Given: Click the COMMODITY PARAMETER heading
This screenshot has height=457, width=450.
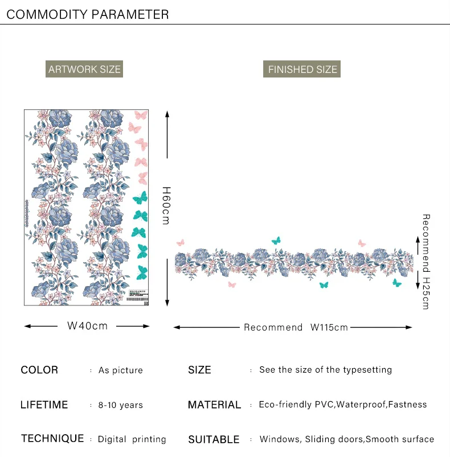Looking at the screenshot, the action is pyautogui.click(x=88, y=14).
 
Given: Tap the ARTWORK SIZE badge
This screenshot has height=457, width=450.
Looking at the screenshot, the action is pyautogui.click(x=84, y=70).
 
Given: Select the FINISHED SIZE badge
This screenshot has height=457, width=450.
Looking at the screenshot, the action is pyautogui.click(x=302, y=70).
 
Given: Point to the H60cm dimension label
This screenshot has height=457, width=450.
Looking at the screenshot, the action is pyautogui.click(x=166, y=205).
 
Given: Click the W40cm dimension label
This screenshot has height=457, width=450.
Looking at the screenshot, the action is pyautogui.click(x=87, y=326).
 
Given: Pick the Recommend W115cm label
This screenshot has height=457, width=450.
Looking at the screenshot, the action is pyautogui.click(x=296, y=327).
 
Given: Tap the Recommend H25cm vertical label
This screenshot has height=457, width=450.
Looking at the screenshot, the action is pyautogui.click(x=426, y=262).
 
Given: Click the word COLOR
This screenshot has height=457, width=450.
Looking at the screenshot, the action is pyautogui.click(x=39, y=370).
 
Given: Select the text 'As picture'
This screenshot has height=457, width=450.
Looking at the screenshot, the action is pyautogui.click(x=120, y=370).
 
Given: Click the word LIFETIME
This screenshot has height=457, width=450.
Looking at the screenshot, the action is pyautogui.click(x=44, y=405).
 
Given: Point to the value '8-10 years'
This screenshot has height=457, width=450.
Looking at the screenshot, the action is pyautogui.click(x=120, y=405).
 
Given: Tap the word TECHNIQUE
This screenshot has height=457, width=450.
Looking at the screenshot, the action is pyautogui.click(x=52, y=438).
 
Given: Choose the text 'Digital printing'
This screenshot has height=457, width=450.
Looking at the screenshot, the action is pyautogui.click(x=132, y=439).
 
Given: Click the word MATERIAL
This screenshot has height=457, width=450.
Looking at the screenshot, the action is pyautogui.click(x=214, y=405).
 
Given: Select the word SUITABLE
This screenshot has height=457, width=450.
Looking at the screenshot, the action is pyautogui.click(x=214, y=439).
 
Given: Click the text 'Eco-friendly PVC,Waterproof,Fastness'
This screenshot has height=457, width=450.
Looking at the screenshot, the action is pyautogui.click(x=342, y=405).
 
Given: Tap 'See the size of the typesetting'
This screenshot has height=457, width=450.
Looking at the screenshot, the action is pyautogui.click(x=325, y=370).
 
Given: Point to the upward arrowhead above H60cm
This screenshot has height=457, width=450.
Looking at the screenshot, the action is pyautogui.click(x=167, y=114).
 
